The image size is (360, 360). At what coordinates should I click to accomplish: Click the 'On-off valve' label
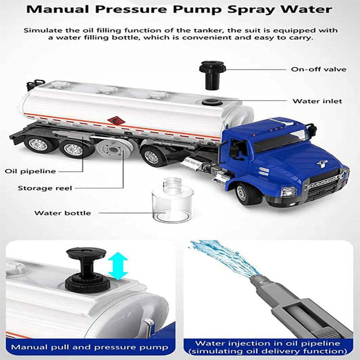click(319, 69)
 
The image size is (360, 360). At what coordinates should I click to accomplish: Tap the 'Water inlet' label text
click(317, 101)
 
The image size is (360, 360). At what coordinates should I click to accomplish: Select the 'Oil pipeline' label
click(30, 171)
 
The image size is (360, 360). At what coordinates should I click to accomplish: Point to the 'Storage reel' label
click(45, 188)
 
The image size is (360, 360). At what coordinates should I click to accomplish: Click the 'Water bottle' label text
click(63, 213)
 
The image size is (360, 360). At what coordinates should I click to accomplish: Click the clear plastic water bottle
click(172, 200)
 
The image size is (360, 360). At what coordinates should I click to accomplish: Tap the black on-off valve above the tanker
click(212, 75)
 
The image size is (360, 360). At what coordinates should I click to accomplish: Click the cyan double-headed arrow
click(118, 266)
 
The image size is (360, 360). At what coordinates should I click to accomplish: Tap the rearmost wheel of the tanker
click(39, 144)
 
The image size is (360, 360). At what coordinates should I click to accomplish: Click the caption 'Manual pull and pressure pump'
click(90, 347)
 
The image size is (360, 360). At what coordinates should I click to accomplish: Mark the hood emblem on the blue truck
click(322, 164)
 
